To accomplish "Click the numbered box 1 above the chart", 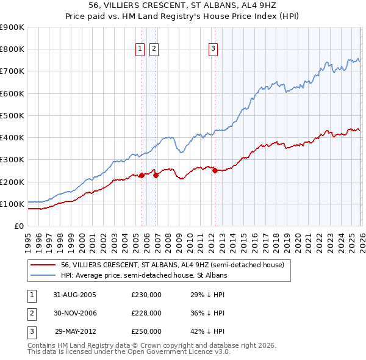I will (x=140, y=49).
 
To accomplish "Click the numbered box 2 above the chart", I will (x=153, y=49).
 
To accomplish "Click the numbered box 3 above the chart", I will (x=213, y=49).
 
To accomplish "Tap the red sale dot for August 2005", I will (x=142, y=175).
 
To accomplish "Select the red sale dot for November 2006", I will (x=156, y=175).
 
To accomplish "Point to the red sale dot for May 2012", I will (x=215, y=171).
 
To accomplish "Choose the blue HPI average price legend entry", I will (x=143, y=276).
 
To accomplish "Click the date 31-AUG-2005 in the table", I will (x=74, y=295).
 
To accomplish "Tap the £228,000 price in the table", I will (x=146, y=313).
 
